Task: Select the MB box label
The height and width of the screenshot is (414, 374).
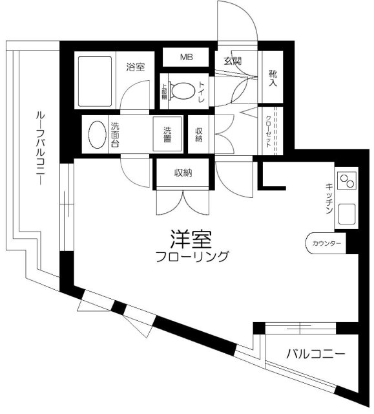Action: coord(186,58)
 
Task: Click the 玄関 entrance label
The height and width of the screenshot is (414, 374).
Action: coord(232,61)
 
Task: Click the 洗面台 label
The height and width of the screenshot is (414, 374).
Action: coord(116,135)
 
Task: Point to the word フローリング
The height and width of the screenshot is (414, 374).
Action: coord(192,257)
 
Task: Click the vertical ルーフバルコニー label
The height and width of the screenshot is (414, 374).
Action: coord(39,148)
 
